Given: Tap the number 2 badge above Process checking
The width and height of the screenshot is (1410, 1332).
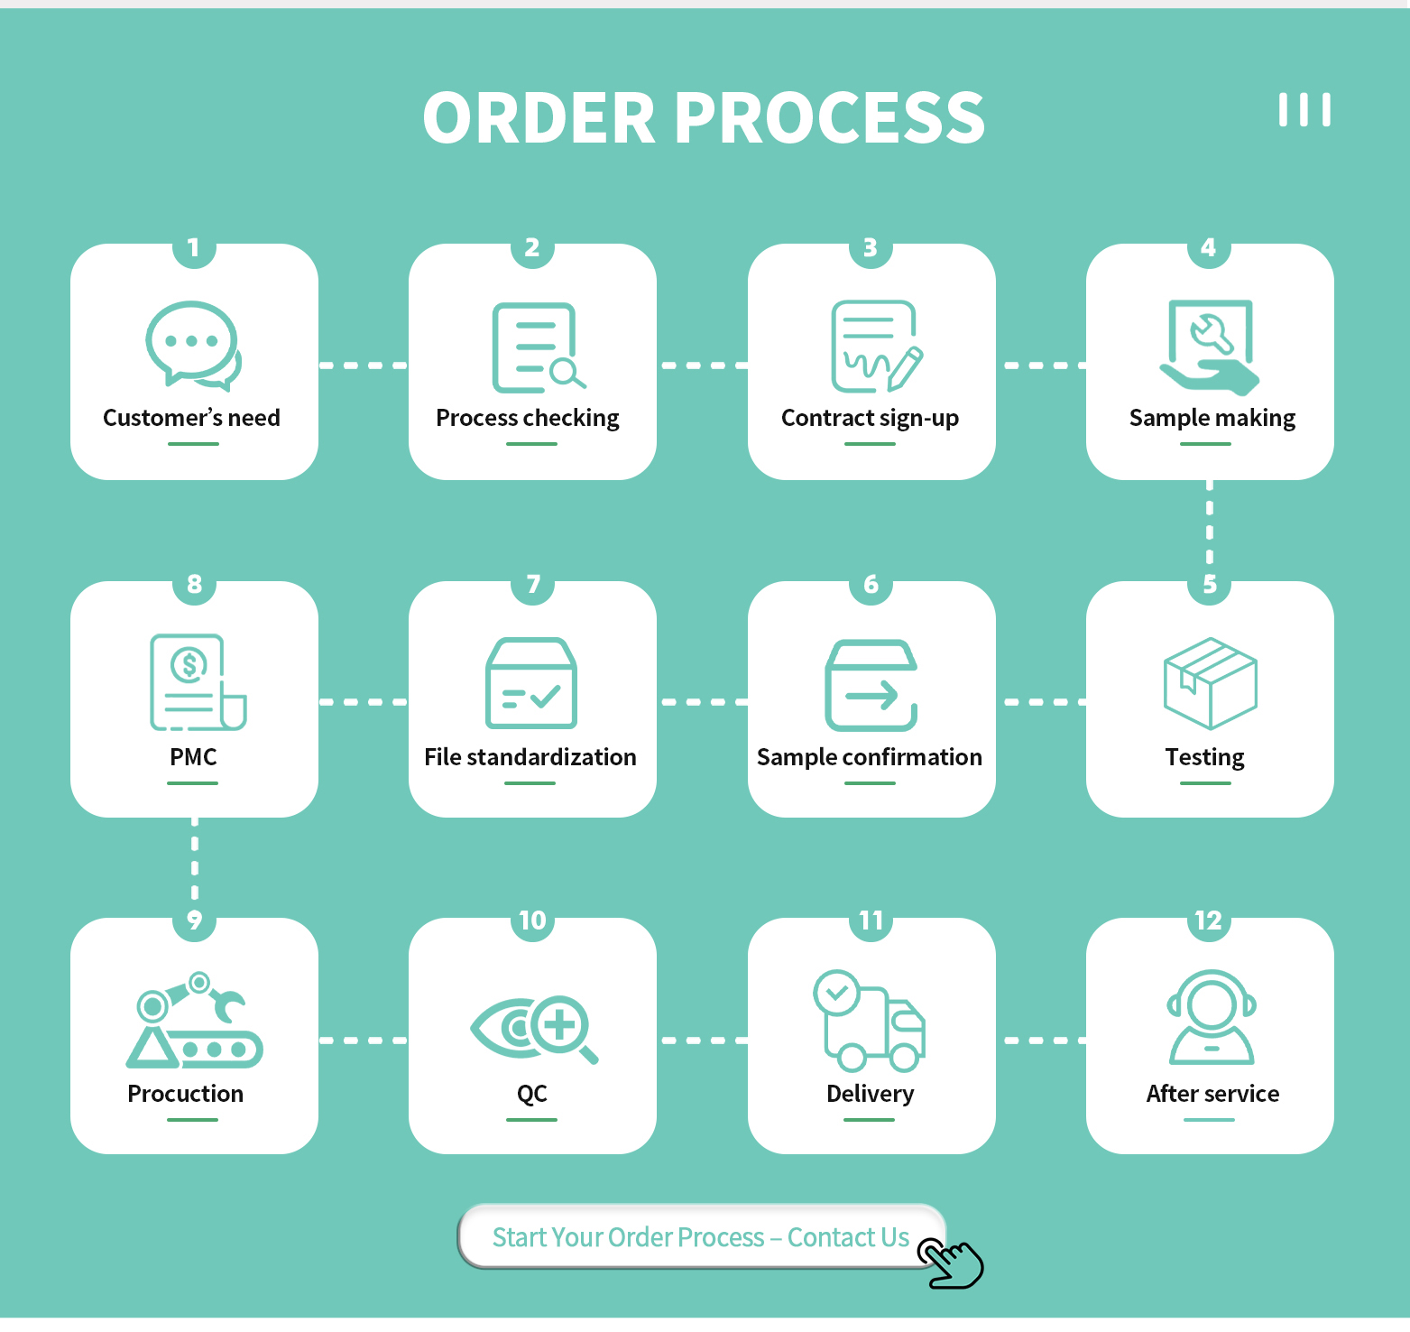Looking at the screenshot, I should tap(532, 247).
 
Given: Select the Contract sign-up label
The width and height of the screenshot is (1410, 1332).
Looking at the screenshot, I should tap(870, 418).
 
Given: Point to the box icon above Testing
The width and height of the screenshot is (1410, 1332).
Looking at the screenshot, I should tap(1210, 683).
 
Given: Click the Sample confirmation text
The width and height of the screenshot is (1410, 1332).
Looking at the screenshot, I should tap(870, 757).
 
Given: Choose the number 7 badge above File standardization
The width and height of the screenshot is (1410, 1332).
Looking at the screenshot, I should tap(533, 585).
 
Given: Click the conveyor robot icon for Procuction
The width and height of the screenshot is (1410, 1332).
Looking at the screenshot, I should tap(195, 1021).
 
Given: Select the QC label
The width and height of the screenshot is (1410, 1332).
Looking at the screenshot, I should tap(532, 1094).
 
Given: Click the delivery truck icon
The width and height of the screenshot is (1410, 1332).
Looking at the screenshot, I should tap(870, 1021).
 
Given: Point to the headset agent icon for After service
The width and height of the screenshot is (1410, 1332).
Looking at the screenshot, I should tap(1211, 1017).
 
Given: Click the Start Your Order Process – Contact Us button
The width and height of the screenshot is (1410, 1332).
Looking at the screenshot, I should tap(700, 1236).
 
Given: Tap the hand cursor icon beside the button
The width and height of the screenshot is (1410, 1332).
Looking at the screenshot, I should tap(951, 1263).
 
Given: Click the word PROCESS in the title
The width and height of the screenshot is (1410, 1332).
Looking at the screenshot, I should tap(829, 118).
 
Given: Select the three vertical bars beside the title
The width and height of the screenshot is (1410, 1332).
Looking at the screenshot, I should tap(1304, 110).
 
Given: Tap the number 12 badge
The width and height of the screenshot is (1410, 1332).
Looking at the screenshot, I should tap(1209, 921).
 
